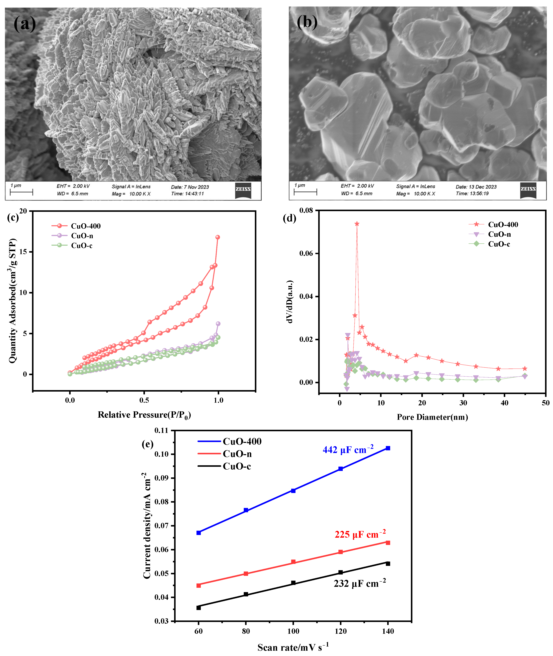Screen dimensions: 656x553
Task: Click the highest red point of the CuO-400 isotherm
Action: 218,237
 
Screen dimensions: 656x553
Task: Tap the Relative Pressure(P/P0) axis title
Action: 144,415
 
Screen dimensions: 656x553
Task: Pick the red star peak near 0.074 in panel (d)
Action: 357,224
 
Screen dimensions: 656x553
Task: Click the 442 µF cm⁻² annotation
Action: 348,450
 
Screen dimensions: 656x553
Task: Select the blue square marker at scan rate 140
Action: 388,448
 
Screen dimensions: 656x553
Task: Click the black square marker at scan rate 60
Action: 198,608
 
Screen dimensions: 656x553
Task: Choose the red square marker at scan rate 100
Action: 293,562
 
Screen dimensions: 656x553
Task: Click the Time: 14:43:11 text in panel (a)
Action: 188,194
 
